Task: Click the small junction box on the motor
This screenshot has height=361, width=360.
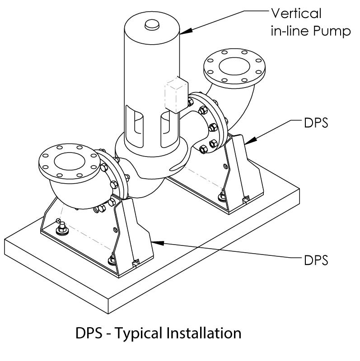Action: (176, 95)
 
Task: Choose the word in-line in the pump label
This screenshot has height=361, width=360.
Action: (295, 32)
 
